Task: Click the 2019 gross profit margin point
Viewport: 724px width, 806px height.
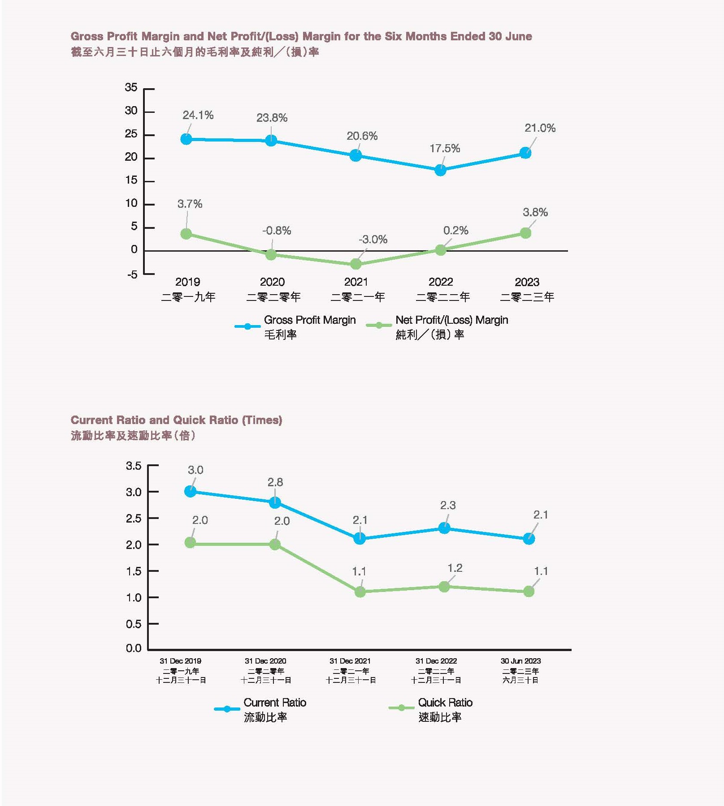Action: [186, 139]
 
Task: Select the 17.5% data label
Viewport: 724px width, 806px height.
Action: [445, 148]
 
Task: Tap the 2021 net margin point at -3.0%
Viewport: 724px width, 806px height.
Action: [356, 264]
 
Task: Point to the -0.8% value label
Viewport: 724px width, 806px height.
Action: [277, 231]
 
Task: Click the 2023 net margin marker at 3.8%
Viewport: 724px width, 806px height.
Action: [525, 233]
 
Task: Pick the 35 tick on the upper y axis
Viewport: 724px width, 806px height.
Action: [131, 87]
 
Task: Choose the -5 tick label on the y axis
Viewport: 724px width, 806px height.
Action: [132, 274]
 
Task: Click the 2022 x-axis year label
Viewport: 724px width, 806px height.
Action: [441, 282]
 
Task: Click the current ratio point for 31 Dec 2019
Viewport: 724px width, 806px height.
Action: [190, 492]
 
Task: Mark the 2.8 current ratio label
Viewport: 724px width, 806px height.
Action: [275, 482]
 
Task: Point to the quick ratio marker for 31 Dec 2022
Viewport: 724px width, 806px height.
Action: [444, 587]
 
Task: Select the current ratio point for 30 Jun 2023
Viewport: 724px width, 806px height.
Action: [529, 539]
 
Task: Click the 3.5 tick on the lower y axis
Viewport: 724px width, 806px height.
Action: [134, 466]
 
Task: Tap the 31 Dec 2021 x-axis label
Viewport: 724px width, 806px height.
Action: [350, 661]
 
